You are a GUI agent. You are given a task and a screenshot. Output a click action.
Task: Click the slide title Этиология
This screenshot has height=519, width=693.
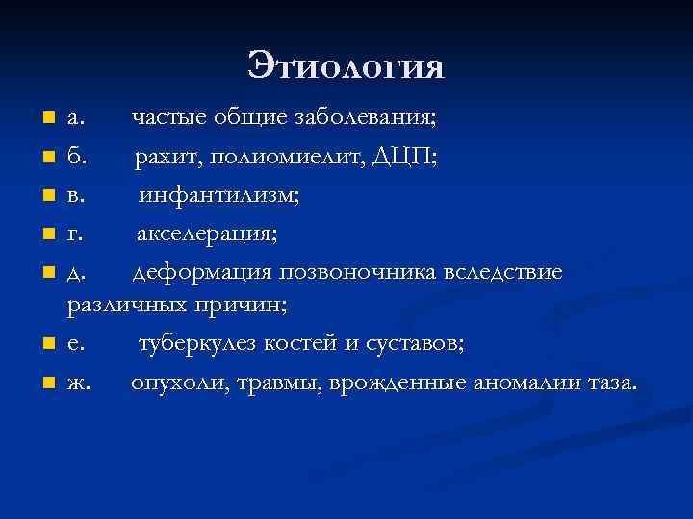(346, 66)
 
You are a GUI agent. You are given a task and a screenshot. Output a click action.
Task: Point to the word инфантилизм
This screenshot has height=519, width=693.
(219, 196)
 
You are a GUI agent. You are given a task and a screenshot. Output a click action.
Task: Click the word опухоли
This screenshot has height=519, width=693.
(174, 384)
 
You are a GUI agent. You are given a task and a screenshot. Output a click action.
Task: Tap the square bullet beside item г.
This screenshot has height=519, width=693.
(48, 235)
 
